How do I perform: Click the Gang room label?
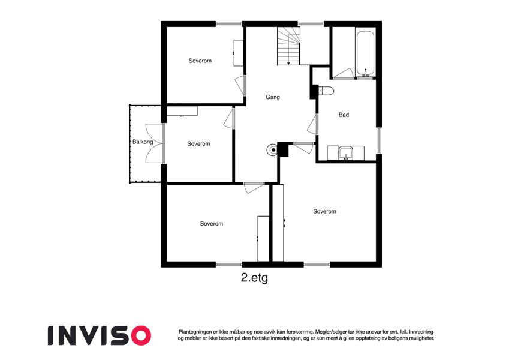(x=272, y=97)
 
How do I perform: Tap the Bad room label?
(x=344, y=115)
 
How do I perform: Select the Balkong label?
(x=143, y=142)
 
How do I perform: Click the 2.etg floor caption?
(x=254, y=278)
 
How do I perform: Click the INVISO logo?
(x=100, y=335)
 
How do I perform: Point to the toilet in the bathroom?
(x=326, y=91)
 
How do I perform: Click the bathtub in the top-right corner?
(x=366, y=53)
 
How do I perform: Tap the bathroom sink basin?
(x=346, y=154)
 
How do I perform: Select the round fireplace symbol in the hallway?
(x=272, y=149)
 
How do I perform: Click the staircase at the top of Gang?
(x=288, y=46)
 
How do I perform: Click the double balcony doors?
(x=155, y=143)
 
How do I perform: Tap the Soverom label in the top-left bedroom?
(x=200, y=61)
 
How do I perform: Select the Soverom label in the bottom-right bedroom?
(x=324, y=212)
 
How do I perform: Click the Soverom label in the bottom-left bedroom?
(x=211, y=224)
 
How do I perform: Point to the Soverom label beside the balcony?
(x=198, y=143)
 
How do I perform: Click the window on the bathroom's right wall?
(x=378, y=140)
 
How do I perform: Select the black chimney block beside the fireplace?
(x=283, y=149)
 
